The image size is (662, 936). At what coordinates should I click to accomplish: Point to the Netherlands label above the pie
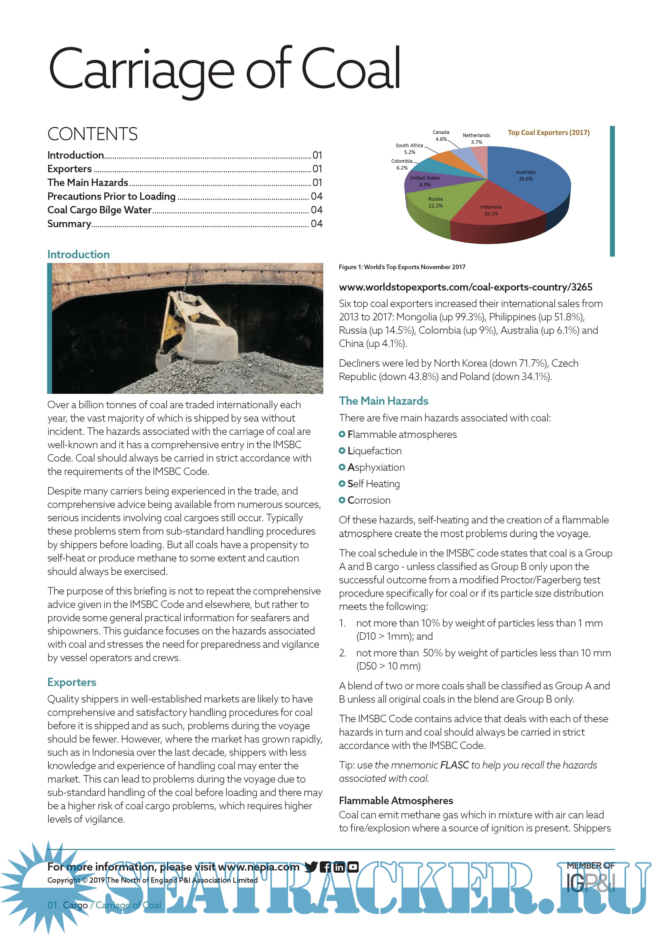click(476, 135)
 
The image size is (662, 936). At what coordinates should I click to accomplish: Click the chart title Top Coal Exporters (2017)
click(548, 133)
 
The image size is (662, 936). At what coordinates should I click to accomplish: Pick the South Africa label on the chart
click(409, 145)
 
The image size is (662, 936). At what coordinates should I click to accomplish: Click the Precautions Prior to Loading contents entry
click(111, 196)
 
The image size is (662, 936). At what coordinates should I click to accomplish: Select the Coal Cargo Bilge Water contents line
click(99, 210)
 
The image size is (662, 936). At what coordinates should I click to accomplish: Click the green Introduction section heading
click(78, 254)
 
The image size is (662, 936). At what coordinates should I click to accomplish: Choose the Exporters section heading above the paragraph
click(72, 682)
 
